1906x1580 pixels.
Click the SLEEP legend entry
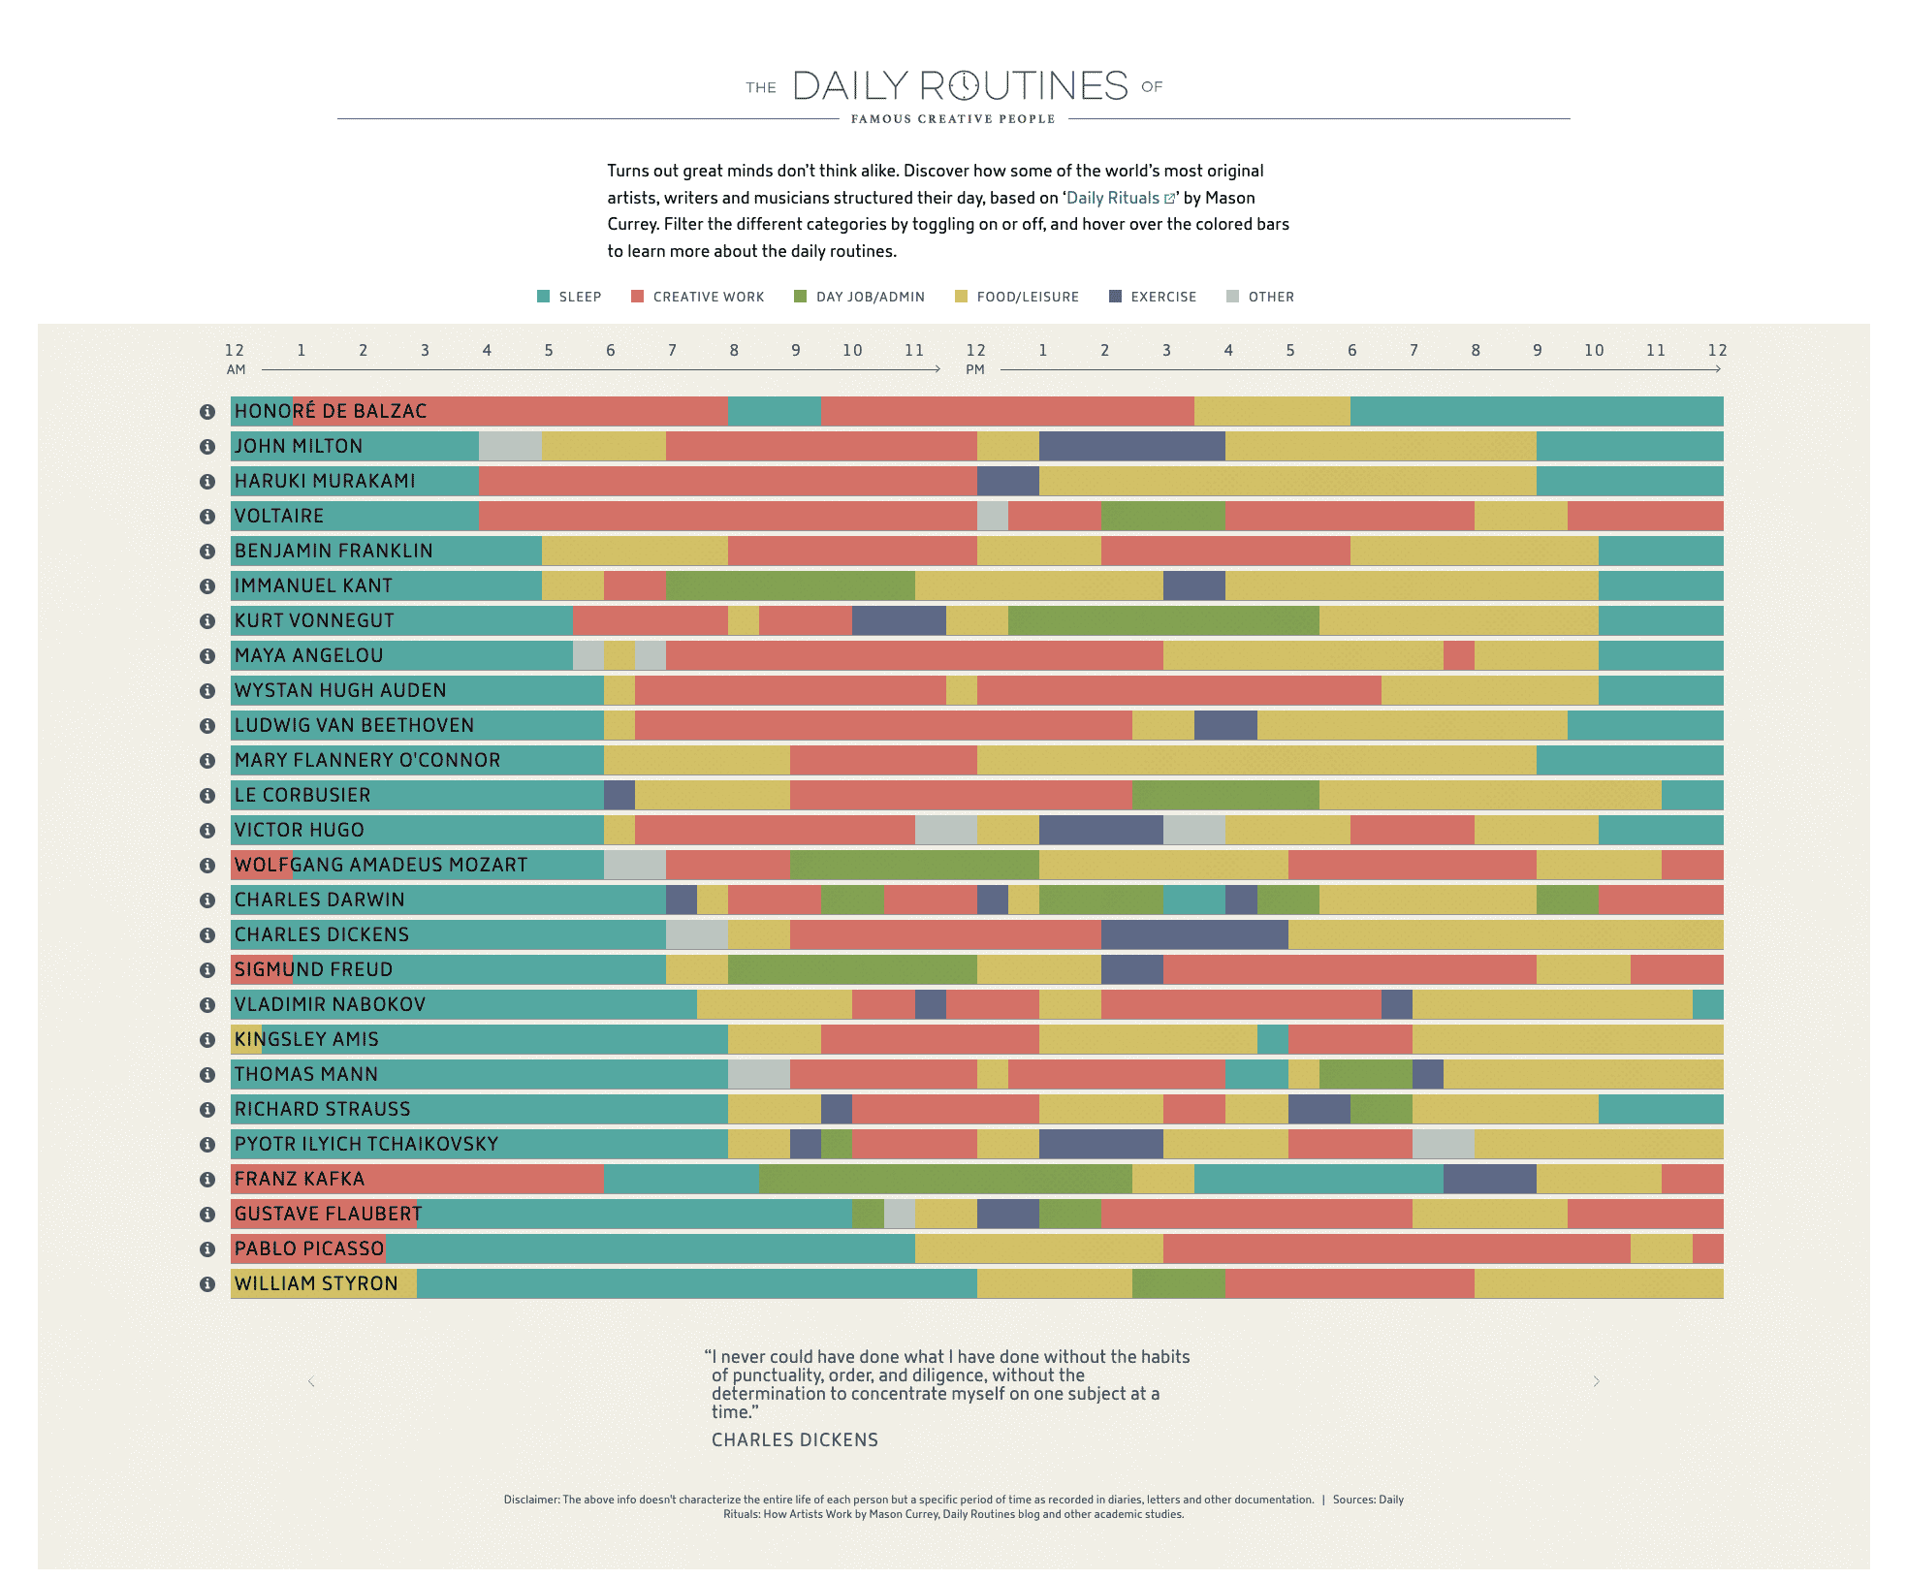(x=570, y=297)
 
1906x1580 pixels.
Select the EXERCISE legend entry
(x=1153, y=297)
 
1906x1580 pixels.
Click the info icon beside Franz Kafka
(x=206, y=1180)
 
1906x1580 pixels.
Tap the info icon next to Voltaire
(x=206, y=517)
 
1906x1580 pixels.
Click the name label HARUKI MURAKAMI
(x=325, y=481)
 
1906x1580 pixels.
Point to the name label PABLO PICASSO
(x=309, y=1248)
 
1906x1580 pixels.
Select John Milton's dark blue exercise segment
(x=1131, y=446)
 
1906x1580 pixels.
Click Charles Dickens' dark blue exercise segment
(x=1193, y=934)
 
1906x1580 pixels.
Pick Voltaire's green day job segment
(x=1162, y=516)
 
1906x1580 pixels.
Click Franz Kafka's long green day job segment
(x=945, y=1179)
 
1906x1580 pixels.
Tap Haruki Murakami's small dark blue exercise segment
(x=1007, y=481)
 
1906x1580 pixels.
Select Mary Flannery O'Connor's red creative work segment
(x=883, y=760)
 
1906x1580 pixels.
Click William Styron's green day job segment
(x=1178, y=1283)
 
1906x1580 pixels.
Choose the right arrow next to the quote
(x=1596, y=1381)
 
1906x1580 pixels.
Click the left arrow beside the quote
(x=311, y=1381)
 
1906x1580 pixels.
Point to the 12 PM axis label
(x=975, y=358)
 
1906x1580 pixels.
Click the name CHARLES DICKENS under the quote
(x=794, y=1440)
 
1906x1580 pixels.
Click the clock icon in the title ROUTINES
(x=964, y=86)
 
